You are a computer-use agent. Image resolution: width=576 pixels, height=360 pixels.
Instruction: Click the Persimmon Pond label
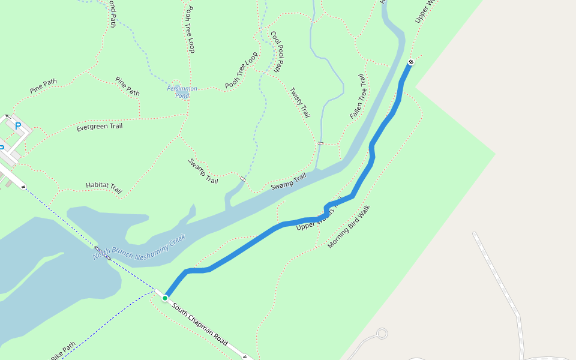182,92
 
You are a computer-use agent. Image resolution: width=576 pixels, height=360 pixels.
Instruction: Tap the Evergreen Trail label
100,127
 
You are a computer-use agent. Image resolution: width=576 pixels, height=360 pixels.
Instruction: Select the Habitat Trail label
104,188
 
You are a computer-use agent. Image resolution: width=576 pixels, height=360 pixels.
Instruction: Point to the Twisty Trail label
300,102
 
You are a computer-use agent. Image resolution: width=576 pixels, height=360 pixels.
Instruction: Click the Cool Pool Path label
277,52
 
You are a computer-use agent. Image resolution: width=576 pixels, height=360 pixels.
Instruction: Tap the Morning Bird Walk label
349,227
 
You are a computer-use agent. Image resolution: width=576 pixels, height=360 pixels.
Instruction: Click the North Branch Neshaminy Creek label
140,247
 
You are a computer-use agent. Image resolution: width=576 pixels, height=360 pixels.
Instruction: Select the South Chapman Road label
200,325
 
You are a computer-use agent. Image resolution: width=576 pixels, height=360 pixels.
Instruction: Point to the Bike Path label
63,351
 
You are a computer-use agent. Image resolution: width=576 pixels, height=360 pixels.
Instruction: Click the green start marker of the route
165,298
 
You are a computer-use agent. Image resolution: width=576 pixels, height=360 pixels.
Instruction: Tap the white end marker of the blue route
411,62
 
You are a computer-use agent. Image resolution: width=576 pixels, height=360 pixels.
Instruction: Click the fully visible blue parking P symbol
17,126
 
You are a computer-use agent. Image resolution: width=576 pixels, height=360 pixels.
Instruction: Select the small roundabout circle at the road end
382,334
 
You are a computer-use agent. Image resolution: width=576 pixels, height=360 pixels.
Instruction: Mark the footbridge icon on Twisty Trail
320,143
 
